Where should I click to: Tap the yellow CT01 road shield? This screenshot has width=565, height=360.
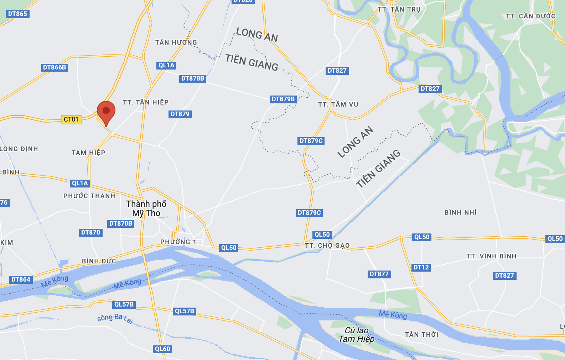click(71, 119)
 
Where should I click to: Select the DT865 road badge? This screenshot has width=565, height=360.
click(17, 14)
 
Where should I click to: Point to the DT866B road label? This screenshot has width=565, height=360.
click(55, 67)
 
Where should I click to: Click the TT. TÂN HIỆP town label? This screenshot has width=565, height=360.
click(146, 102)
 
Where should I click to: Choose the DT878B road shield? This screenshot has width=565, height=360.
click(193, 78)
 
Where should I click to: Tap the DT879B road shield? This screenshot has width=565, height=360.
click(283, 99)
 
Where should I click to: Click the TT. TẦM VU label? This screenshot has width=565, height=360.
click(338, 104)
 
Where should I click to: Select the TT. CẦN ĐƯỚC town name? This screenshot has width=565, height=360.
click(530, 16)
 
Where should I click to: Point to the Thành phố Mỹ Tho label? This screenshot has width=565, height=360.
click(146, 209)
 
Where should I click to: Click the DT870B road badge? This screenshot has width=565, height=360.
click(121, 223)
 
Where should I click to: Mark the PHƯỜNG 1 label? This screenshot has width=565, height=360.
click(178, 242)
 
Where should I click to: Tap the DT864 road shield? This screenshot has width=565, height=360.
click(21, 279)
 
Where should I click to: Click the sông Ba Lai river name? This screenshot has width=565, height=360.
click(115, 318)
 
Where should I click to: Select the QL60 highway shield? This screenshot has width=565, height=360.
click(163, 349)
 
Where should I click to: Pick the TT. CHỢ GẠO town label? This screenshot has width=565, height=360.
click(327, 246)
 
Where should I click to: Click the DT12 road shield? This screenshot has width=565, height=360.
click(421, 267)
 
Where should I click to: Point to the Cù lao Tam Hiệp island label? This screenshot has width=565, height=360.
click(357, 335)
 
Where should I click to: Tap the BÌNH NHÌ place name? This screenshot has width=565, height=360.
click(460, 212)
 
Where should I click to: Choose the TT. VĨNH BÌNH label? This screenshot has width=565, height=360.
click(491, 256)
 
